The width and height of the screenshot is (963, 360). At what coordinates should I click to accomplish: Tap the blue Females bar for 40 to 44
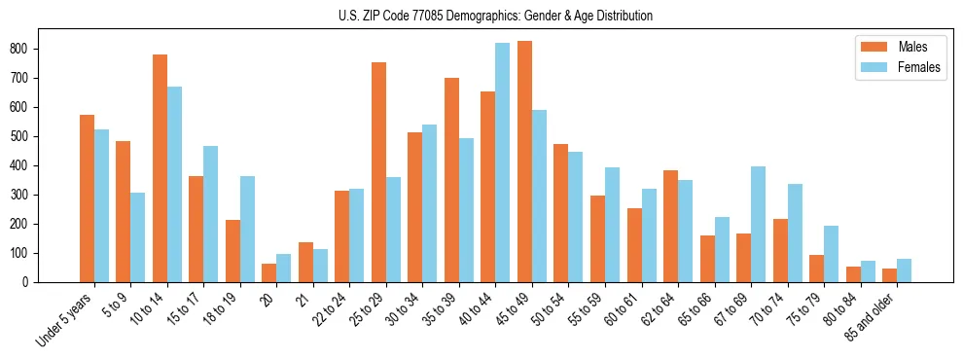click(502, 162)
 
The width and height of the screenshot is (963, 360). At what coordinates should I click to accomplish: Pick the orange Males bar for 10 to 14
click(160, 168)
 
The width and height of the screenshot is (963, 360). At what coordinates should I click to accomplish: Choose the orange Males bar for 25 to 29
click(378, 172)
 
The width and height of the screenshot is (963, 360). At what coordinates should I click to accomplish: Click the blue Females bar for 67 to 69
click(758, 224)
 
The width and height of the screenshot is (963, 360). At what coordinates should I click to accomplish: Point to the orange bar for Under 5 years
click(87, 198)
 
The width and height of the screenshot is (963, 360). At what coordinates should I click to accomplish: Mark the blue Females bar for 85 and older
click(904, 270)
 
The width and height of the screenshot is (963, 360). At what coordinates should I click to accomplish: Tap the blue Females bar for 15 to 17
click(210, 214)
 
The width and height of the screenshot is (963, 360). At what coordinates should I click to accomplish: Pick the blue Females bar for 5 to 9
click(137, 237)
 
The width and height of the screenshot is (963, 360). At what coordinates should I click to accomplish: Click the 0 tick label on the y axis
click(32, 282)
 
